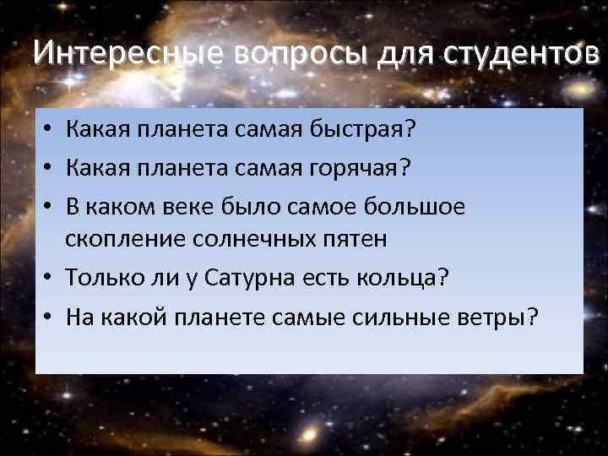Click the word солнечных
(263, 240)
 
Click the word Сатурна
(265, 278)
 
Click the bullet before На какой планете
(50, 317)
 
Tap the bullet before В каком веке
(50, 208)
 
